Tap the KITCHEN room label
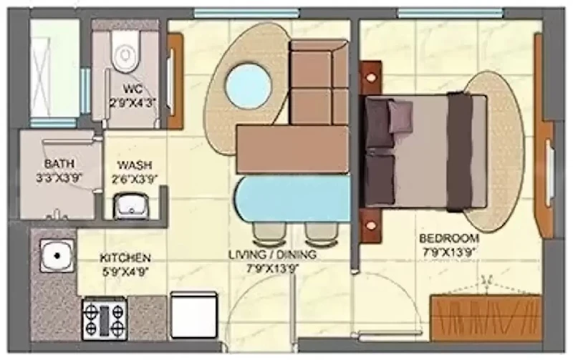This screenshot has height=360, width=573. coord(125,258)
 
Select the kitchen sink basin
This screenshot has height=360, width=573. coord(57,256)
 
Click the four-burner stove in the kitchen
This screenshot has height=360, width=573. coord(105,318)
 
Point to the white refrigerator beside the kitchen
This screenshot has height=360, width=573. coord(194,316)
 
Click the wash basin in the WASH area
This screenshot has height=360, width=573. coord(132,206)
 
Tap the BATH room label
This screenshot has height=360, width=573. coord(59,163)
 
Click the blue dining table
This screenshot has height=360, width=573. coord(292,199)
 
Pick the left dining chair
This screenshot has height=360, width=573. coord(269,233)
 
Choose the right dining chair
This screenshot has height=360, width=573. coord(321,233)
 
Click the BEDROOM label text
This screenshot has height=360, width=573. coord(449,238)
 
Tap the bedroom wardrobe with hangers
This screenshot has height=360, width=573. coord(486,317)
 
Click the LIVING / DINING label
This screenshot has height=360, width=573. coord(272,254)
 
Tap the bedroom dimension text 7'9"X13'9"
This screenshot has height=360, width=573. coord(450,252)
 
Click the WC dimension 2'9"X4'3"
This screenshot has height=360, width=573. coord(133,103)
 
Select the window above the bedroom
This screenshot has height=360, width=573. coord(451,13)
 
